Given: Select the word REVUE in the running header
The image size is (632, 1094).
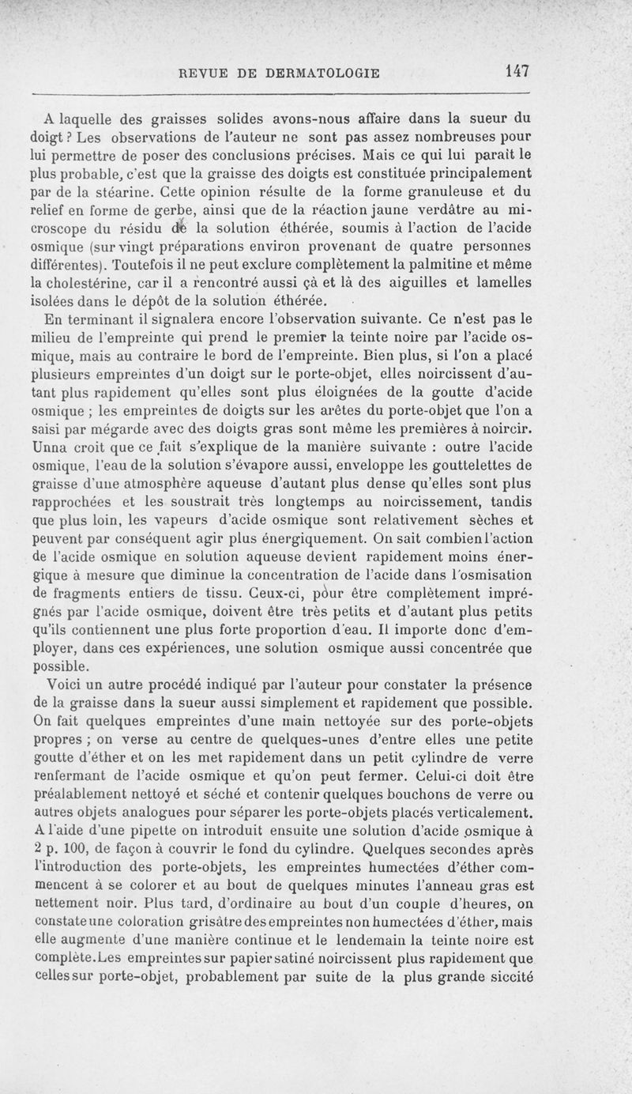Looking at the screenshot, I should pyautogui.click(x=207, y=73).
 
